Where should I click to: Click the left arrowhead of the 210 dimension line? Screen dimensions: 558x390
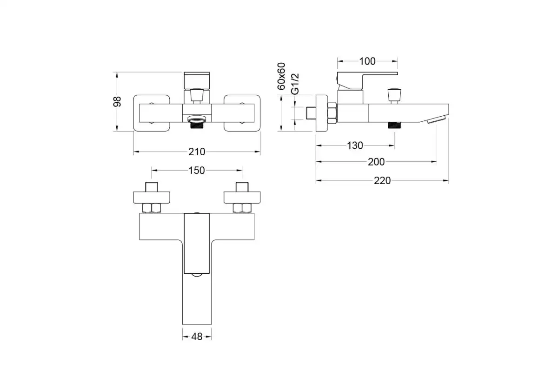point(136,152)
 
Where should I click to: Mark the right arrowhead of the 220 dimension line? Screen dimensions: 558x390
point(446,180)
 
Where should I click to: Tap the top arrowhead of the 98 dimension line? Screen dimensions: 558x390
point(117,75)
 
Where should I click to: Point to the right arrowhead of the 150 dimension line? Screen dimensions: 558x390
point(239,170)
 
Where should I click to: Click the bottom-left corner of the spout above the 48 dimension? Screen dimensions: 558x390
point(183,324)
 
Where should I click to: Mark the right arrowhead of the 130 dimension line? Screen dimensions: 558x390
point(392,145)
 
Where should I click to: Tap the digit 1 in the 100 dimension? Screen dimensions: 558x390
point(361,61)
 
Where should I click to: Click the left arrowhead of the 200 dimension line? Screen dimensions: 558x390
point(319,162)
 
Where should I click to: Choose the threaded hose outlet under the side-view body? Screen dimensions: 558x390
point(394,125)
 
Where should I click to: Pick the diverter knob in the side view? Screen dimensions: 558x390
point(394,96)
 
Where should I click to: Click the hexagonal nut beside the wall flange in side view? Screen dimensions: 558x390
point(332,113)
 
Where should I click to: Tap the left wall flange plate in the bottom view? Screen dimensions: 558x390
point(152,198)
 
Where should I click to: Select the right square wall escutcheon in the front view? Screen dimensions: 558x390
point(242,113)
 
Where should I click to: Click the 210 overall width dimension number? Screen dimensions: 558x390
point(197,152)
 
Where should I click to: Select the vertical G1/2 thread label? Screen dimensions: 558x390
point(295,84)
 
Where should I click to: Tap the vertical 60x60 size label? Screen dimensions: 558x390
point(281,76)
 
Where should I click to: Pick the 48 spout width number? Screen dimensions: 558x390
point(197,337)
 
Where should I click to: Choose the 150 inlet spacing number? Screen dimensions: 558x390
point(197,171)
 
